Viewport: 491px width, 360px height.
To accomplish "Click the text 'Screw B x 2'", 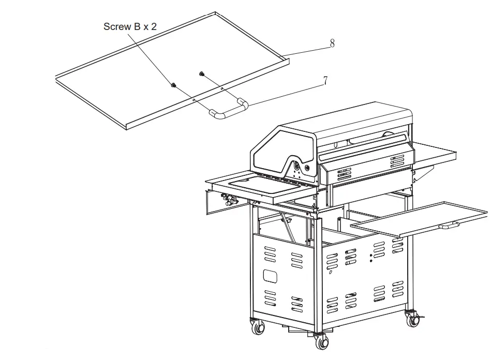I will tap(130, 26).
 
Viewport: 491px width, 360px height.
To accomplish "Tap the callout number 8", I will tap(332, 43).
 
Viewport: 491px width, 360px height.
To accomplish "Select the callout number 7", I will tap(325, 80).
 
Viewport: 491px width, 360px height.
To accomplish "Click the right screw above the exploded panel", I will tap(201, 74).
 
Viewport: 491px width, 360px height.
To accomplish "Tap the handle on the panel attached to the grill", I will tap(449, 226).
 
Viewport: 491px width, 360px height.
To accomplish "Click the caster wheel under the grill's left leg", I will tap(257, 327).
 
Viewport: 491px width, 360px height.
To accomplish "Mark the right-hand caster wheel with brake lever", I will tap(412, 317).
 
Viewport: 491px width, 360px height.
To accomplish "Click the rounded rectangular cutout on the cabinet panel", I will tap(270, 275).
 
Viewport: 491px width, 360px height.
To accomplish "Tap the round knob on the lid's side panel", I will tap(308, 168).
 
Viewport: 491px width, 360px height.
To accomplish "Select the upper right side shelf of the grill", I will tap(435, 153).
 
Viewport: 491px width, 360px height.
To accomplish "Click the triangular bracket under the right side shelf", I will tap(420, 175).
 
